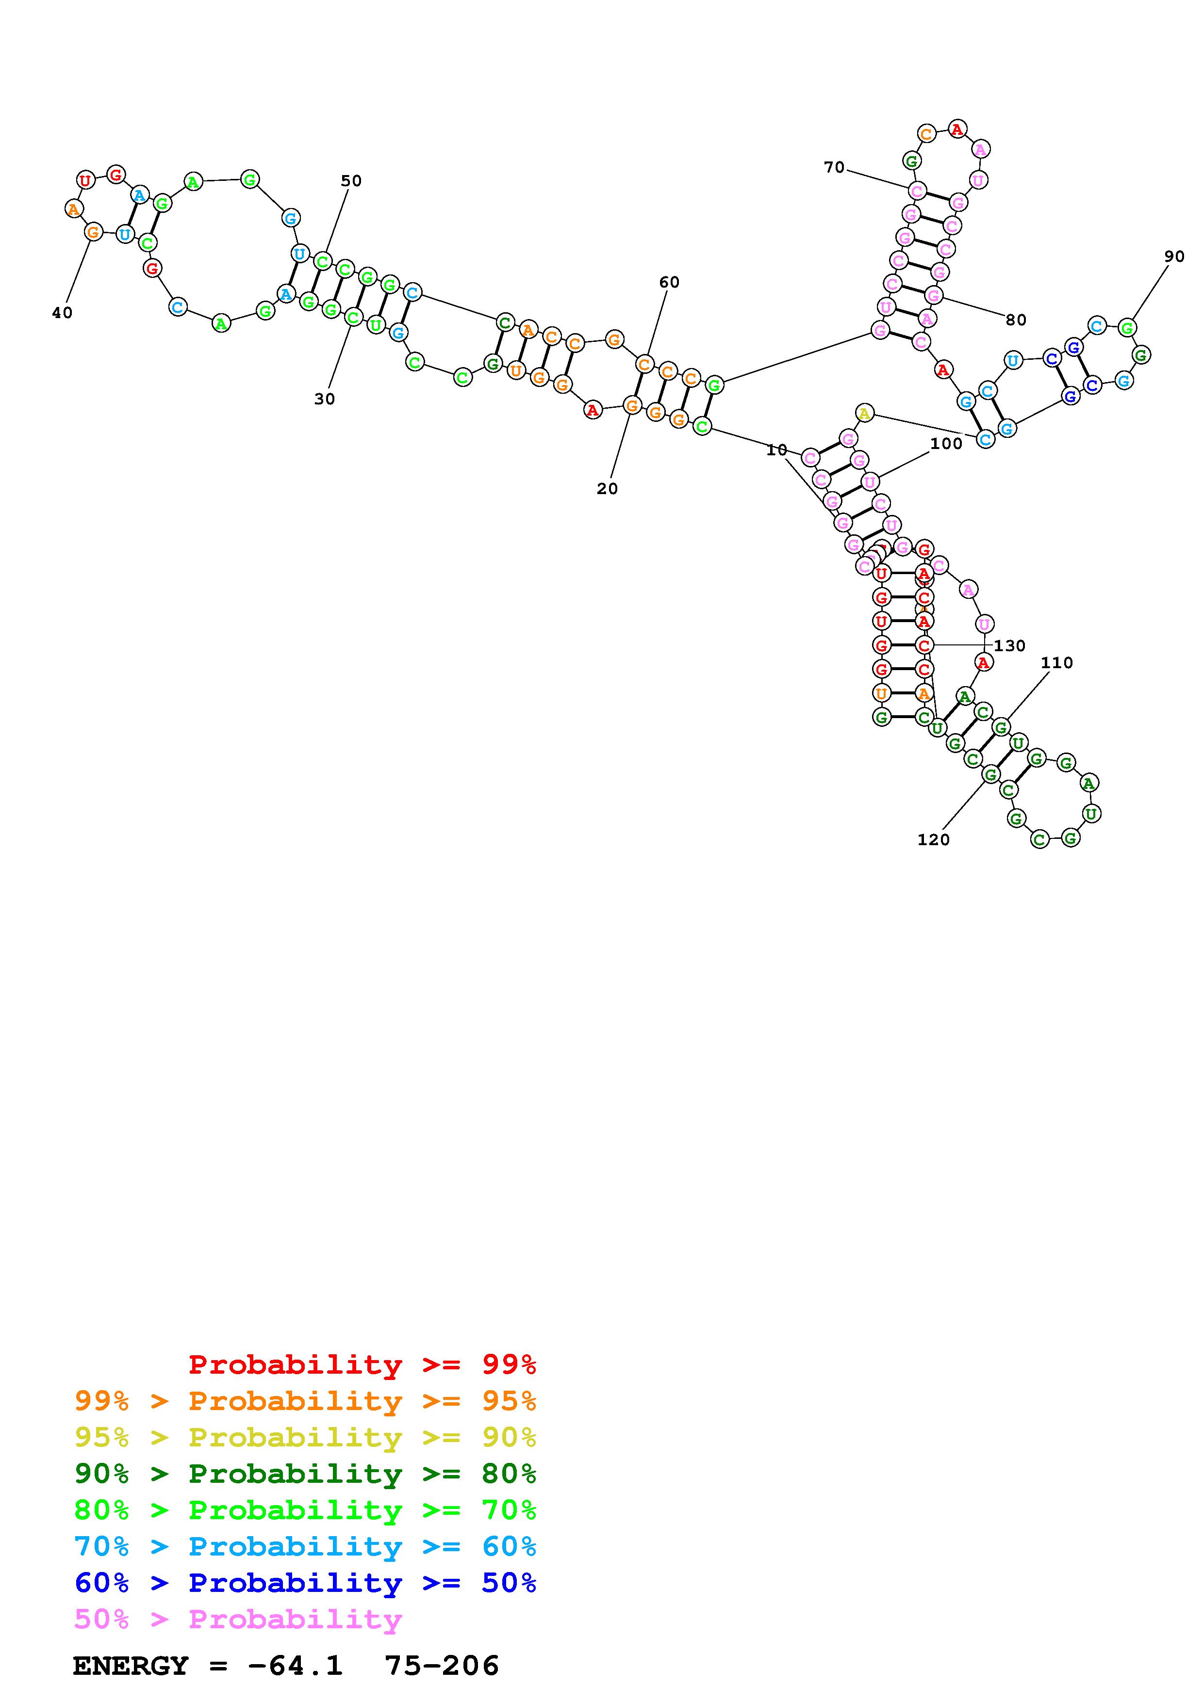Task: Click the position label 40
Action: point(62,313)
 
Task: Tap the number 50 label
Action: point(351,181)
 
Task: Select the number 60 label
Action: point(669,282)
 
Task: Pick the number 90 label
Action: point(1174,257)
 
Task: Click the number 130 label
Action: point(1009,646)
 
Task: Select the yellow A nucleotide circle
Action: point(864,413)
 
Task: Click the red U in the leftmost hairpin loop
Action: point(86,179)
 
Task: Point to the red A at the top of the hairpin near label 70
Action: point(957,129)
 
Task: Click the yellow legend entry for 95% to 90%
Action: point(305,1437)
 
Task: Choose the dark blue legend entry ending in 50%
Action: point(305,1583)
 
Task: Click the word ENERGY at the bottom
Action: point(131,1666)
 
